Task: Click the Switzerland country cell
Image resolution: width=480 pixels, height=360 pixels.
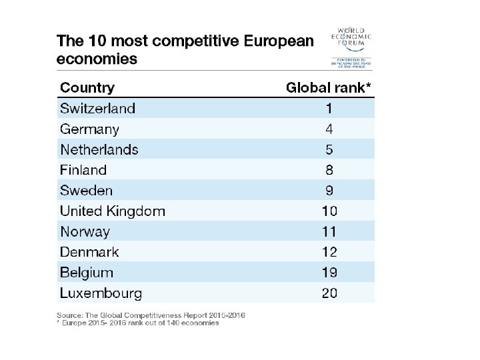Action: point(97,108)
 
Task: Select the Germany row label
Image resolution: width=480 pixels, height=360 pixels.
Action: point(89,129)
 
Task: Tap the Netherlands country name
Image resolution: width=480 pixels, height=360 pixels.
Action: point(99,149)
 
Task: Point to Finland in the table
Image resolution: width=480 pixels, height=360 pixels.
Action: point(83,170)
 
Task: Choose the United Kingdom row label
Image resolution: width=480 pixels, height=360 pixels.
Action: point(112,211)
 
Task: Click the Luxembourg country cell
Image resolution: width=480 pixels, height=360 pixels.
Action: point(101,293)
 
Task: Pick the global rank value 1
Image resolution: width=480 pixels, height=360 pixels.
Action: point(329,108)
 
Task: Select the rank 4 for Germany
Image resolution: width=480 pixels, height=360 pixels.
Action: point(329,129)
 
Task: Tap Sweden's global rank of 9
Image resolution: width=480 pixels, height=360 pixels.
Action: point(329,191)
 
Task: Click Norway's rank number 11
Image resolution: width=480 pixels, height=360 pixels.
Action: point(329,232)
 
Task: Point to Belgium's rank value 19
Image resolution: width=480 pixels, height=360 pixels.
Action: point(329,273)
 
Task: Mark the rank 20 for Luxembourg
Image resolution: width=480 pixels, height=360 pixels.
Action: point(329,293)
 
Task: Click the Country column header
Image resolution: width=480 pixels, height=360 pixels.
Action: point(87,87)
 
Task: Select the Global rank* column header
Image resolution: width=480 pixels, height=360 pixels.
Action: point(328,87)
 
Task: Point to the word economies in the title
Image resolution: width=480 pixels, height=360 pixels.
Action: point(97,59)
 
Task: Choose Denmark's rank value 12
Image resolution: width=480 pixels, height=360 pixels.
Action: point(329,252)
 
